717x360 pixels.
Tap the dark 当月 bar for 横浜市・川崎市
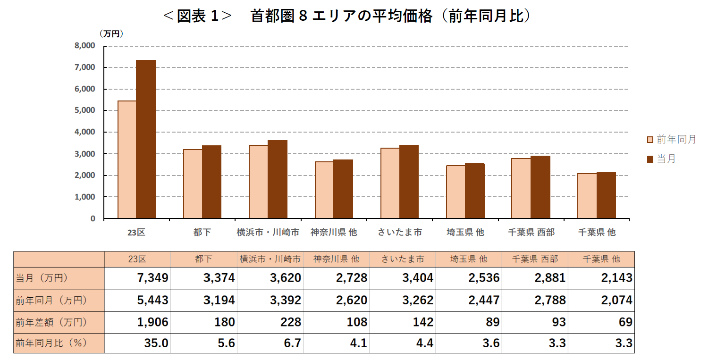click(x=278, y=179)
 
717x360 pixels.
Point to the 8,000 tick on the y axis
click(x=84, y=46)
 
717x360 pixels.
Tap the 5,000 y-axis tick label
click(x=84, y=110)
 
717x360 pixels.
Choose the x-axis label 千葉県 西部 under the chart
click(x=531, y=232)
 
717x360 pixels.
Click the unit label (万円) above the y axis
click(x=111, y=33)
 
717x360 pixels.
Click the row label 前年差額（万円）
click(x=51, y=322)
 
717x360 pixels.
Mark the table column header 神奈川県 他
click(x=336, y=259)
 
